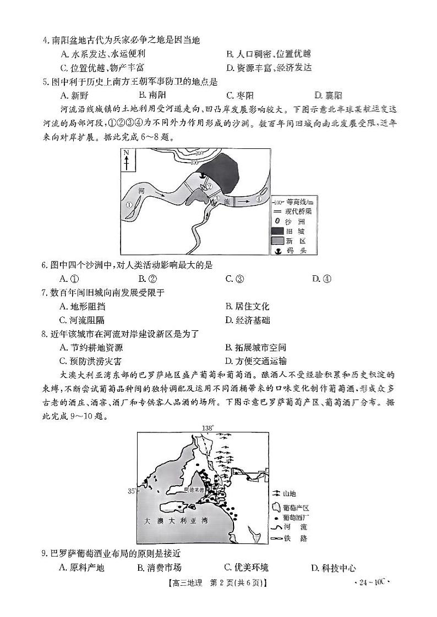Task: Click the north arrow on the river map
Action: coord(126,160)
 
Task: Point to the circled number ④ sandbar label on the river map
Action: coord(258,199)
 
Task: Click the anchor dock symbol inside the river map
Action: coord(201,175)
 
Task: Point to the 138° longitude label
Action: coord(207,427)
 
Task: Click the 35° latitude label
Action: coord(132,491)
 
